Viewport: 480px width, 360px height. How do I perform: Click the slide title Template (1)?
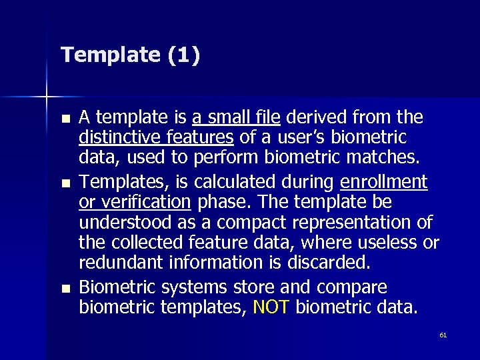(129, 55)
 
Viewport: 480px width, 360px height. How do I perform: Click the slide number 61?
(443, 335)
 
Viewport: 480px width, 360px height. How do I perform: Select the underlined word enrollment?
(383, 181)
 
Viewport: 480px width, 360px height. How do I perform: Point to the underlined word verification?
(145, 201)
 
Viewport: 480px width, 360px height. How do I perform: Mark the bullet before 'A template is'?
(64, 119)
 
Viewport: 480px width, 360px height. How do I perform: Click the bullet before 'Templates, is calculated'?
(64, 182)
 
